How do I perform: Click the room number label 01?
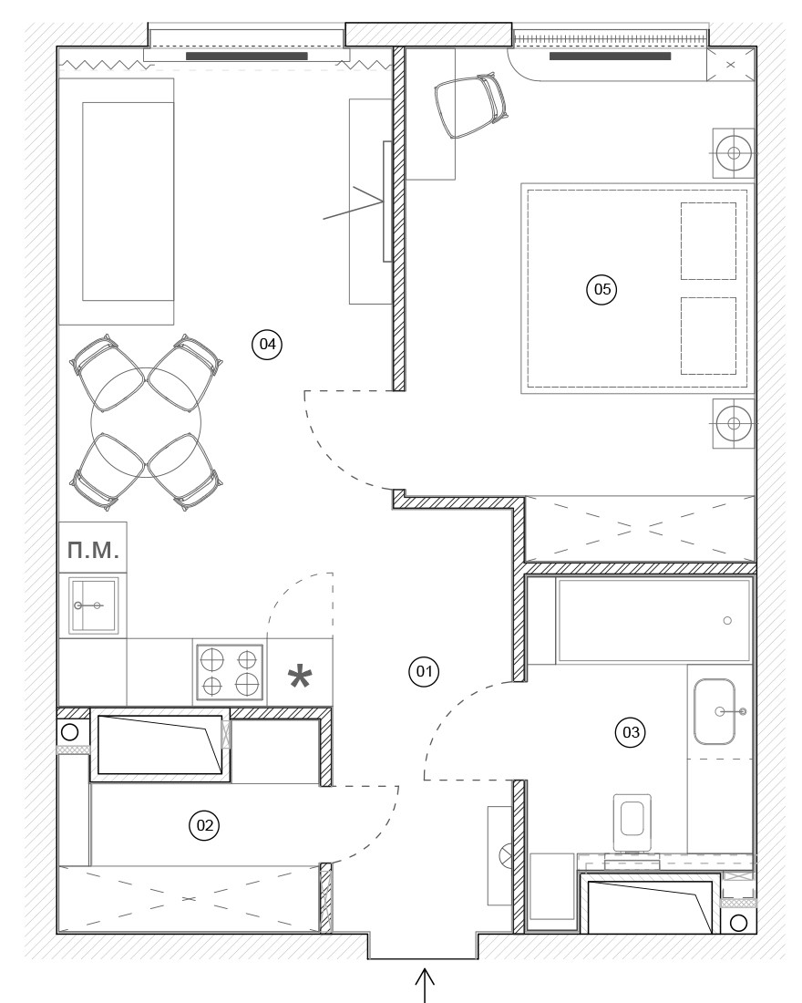click(x=424, y=672)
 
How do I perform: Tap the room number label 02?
click(x=204, y=825)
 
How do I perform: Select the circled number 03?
click(x=631, y=732)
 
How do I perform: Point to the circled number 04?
click(x=267, y=344)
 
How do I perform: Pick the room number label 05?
click(x=601, y=289)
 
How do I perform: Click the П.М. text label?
click(x=93, y=550)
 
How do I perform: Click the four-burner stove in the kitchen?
click(x=230, y=672)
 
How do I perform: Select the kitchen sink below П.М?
click(x=93, y=605)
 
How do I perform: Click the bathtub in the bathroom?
click(x=653, y=620)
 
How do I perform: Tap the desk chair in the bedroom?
click(x=471, y=105)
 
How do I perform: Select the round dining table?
click(x=147, y=421)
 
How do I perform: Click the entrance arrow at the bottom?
click(x=426, y=985)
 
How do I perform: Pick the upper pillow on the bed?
click(x=708, y=241)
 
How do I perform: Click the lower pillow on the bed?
click(x=708, y=336)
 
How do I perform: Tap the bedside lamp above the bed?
click(x=734, y=153)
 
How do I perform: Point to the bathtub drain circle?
click(x=727, y=620)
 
